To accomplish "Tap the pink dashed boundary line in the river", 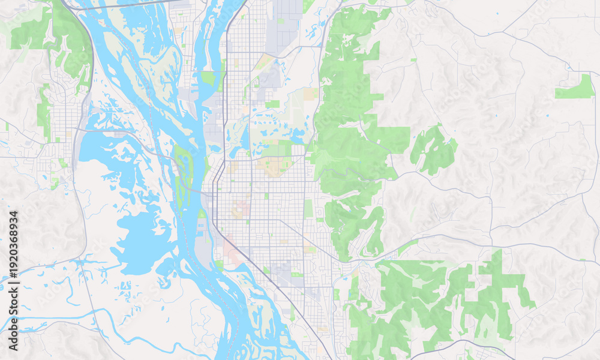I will [191, 252].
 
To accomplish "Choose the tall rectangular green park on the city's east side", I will [308, 208].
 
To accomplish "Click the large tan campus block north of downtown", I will [272, 167].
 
